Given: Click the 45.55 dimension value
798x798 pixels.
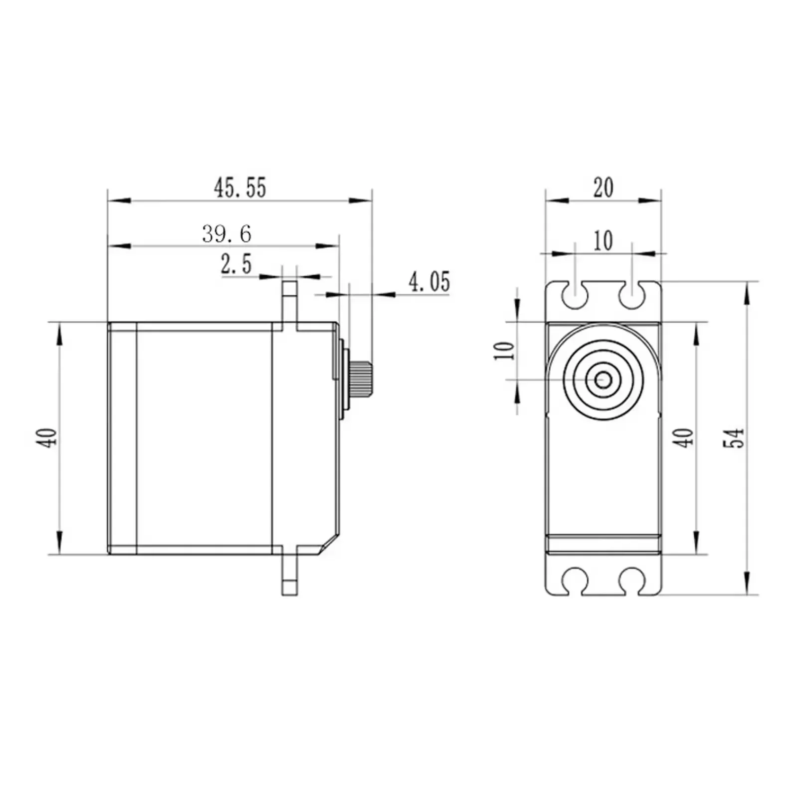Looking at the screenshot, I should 240,188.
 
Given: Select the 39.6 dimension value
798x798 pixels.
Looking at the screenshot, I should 227,234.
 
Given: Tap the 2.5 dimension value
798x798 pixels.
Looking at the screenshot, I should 236,264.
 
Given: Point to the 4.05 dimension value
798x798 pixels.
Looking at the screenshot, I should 429,282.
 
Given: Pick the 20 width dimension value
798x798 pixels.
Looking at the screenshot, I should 603,188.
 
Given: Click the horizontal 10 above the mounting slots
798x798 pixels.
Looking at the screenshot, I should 603,241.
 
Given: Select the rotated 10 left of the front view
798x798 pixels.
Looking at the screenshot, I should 504,351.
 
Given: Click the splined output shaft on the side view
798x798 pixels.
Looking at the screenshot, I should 361,379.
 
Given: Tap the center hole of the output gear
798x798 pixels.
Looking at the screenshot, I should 603,380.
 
